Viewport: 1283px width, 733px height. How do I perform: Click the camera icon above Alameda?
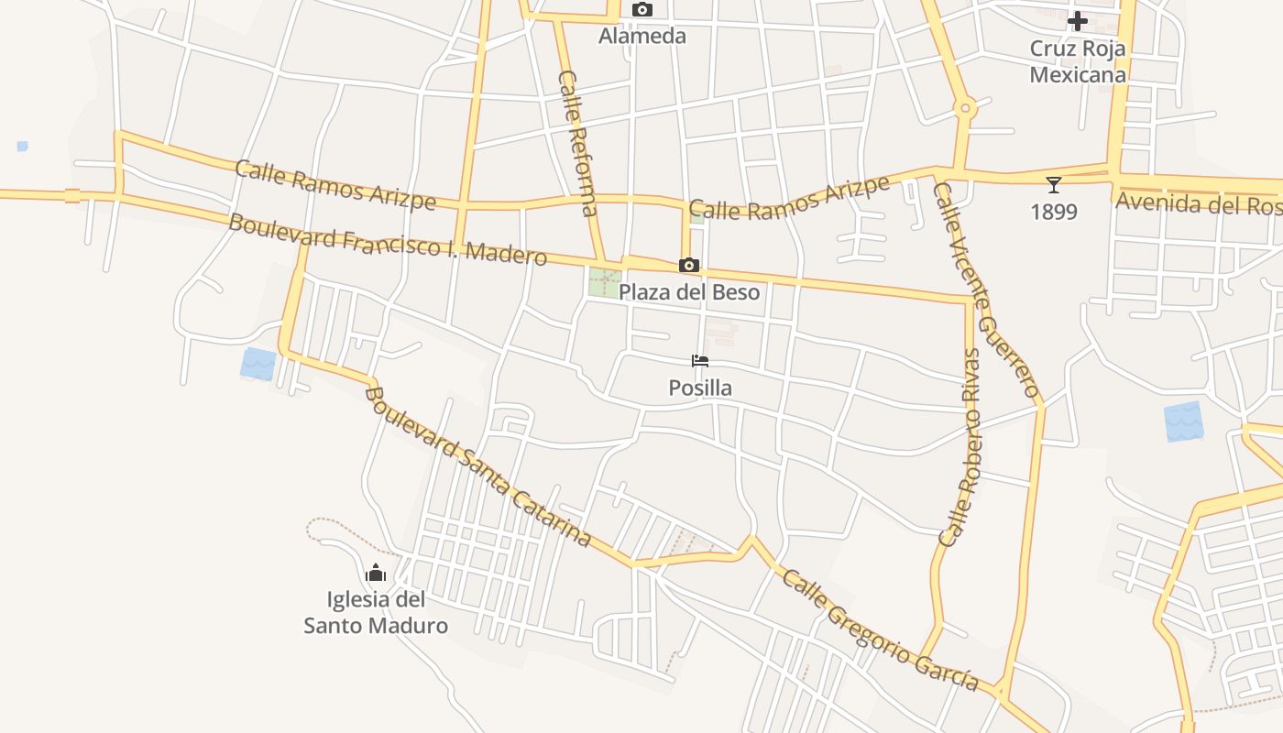(642, 10)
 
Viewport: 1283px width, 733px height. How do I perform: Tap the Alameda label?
(642, 37)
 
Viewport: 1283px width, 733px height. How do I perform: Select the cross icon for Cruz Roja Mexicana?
(1078, 20)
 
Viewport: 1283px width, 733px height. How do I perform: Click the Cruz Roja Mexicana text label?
(1078, 61)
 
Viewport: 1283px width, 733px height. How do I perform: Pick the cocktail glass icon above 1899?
(1054, 185)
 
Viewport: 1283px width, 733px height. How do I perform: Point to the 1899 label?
(1054, 213)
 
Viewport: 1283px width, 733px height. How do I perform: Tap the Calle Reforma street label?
(578, 143)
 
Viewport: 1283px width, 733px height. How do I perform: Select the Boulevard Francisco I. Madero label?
(388, 239)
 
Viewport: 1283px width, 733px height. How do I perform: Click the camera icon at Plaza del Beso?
(689, 266)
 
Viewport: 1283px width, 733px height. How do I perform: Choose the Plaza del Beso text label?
(689, 292)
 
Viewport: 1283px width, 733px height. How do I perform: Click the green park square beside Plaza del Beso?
(605, 282)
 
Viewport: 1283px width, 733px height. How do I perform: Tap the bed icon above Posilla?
(700, 361)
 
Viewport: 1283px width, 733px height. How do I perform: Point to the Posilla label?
(700, 388)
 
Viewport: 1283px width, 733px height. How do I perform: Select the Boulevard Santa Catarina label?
(477, 467)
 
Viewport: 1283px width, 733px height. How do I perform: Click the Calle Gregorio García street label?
(880, 632)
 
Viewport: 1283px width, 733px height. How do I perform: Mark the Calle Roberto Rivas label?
(960, 447)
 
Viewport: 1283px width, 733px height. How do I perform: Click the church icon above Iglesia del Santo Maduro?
(376, 574)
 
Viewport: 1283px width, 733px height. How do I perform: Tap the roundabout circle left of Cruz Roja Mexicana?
(964, 109)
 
